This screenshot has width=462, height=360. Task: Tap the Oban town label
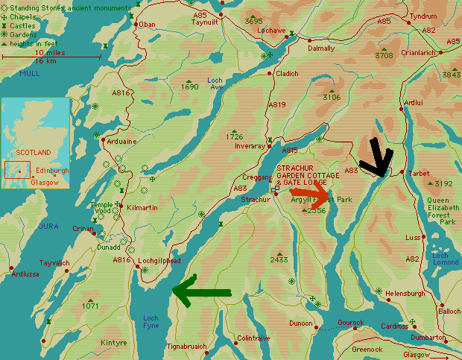pyautogui.click(x=148, y=24)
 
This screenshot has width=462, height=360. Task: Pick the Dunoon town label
pyautogui.click(x=300, y=323)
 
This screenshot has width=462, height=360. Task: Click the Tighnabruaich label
pyautogui.click(x=185, y=347)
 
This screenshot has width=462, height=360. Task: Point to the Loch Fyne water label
pyautogui.click(x=151, y=322)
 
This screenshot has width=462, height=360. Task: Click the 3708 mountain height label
pyautogui.click(x=384, y=56)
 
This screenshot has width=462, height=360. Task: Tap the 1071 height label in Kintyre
pyautogui.click(x=91, y=306)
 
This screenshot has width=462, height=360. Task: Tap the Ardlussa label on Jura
pyautogui.click(x=25, y=274)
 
